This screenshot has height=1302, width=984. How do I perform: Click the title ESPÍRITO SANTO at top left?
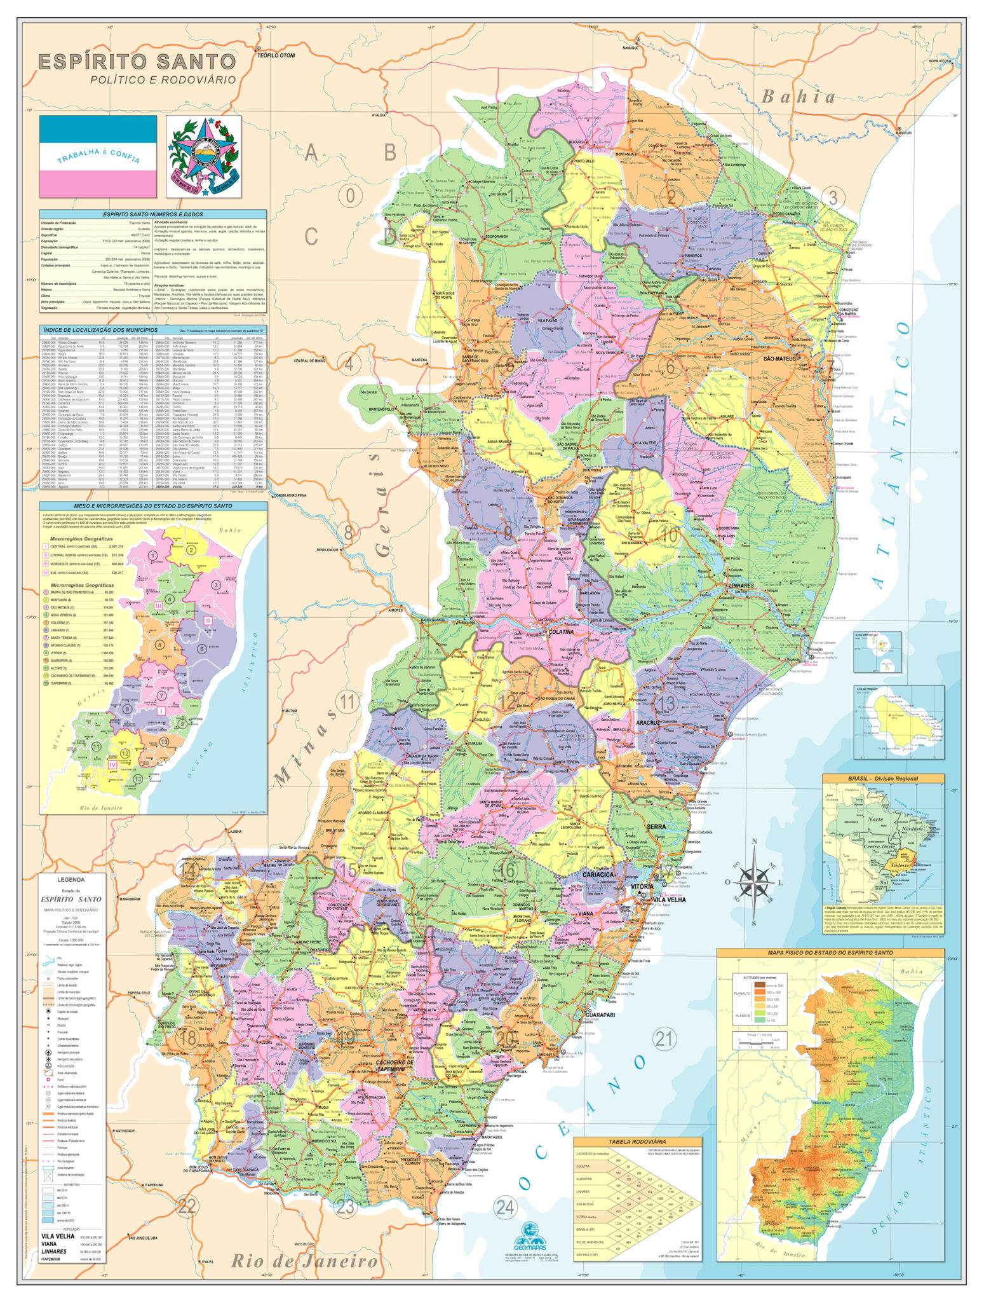tap(137, 62)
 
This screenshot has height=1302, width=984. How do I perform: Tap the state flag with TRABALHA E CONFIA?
tap(98, 156)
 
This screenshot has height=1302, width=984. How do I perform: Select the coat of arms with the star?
tap(204, 155)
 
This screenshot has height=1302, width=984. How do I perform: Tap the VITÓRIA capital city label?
tap(642, 886)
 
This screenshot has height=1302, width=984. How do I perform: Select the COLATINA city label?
tap(561, 632)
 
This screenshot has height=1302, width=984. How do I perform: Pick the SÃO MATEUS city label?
tap(779, 359)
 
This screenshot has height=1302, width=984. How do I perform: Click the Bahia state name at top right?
tap(799, 97)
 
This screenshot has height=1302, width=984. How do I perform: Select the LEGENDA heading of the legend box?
tap(71, 880)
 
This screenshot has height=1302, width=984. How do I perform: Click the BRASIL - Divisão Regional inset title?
tap(883, 778)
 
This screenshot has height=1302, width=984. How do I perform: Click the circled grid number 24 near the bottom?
tap(505, 1207)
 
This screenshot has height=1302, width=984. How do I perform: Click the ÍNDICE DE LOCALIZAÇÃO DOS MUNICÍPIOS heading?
tap(100, 330)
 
